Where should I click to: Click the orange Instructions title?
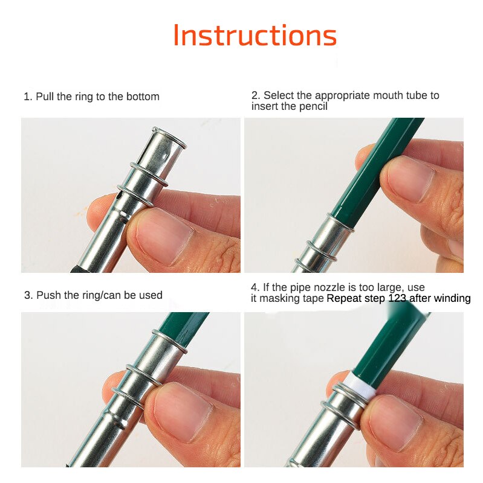coord(254,36)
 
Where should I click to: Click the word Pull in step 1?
coord(45,97)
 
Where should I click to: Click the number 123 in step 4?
coord(399,298)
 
